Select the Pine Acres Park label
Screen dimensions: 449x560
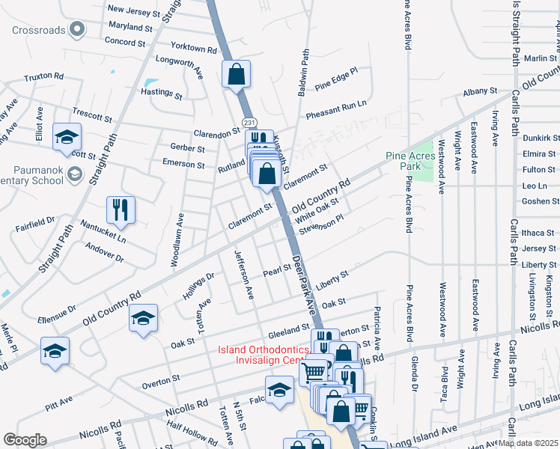410,160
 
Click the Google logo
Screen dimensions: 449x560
25,440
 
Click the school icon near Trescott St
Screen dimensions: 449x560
67,137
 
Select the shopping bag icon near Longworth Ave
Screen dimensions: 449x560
236,74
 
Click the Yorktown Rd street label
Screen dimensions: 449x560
193,48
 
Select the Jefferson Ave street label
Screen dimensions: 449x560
245,275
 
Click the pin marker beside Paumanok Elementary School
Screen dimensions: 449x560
74,174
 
